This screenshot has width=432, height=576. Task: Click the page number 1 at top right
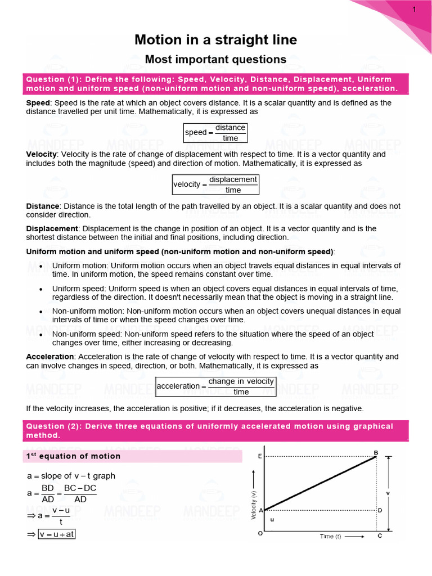[x=415, y=10]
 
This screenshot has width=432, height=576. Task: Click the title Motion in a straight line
[x=215, y=40]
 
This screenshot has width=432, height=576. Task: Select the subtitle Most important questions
[x=215, y=59]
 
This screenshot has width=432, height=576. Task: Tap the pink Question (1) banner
[x=215, y=84]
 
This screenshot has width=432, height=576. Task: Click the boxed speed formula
[x=215, y=133]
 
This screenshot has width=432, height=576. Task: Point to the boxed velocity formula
[x=215, y=184]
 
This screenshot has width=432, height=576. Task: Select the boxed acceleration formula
[x=215, y=386]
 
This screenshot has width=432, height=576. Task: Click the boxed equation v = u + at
[x=56, y=534]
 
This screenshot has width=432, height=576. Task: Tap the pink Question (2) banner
[x=215, y=431]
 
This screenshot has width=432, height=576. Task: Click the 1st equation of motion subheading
[x=74, y=456]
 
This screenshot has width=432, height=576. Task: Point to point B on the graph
[x=376, y=453]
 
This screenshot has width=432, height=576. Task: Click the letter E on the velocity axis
[x=259, y=456]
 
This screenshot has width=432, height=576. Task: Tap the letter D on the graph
[x=380, y=510]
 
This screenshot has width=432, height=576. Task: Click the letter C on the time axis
[x=380, y=536]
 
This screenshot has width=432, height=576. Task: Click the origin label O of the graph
[x=260, y=534]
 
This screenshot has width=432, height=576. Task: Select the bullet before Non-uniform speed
[x=41, y=334]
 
